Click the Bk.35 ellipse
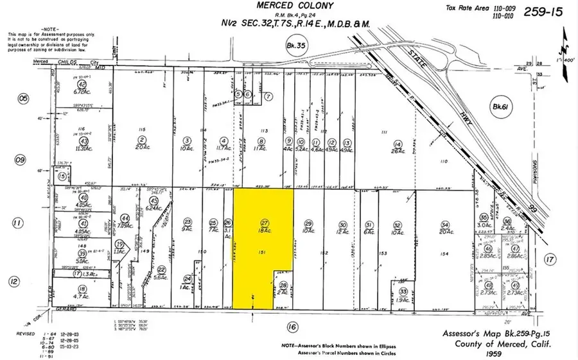pyautogui.click(x=294, y=45)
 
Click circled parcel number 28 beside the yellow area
pyautogui.click(x=284, y=284)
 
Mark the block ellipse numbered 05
pyautogui.click(x=24, y=98)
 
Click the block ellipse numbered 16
pyautogui.click(x=293, y=327)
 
